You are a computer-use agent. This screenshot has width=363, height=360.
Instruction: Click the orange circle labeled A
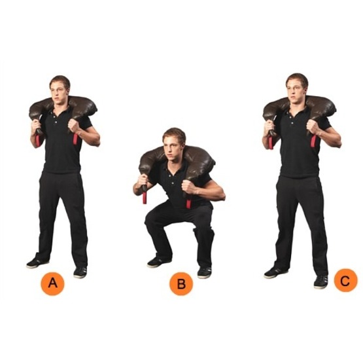click(x=52, y=283)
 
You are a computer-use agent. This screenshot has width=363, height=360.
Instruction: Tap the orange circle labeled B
click(x=181, y=283)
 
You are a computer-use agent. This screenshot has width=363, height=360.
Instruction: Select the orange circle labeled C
click(x=345, y=280)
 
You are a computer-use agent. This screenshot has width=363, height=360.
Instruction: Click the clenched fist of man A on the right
click(x=74, y=125)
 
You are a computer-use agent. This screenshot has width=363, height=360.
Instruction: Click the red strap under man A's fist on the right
click(x=75, y=139)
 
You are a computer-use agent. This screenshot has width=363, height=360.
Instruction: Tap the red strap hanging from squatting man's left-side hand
click(x=145, y=198)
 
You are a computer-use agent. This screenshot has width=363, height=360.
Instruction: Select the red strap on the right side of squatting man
click(x=188, y=203)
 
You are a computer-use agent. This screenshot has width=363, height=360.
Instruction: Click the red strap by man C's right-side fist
click(x=314, y=141)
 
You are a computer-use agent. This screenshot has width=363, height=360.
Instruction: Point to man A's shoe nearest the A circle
click(x=80, y=272)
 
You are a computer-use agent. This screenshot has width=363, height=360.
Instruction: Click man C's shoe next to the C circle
click(x=321, y=281)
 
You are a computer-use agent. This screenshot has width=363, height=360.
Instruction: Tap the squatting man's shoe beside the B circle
click(x=205, y=272)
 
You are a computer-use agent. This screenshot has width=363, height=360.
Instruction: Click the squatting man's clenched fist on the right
click(x=188, y=185)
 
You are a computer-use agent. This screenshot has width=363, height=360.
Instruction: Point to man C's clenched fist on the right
click(x=313, y=126)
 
